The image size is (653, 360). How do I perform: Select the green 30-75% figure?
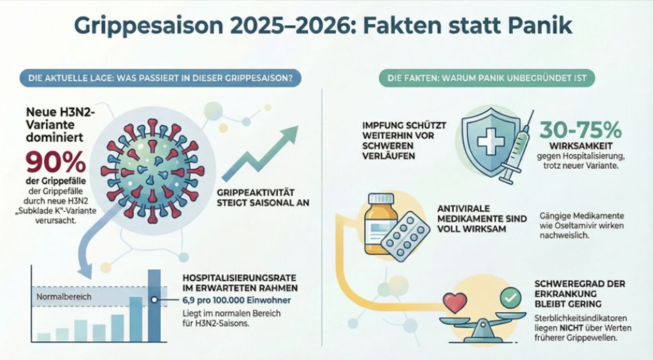point(580,130)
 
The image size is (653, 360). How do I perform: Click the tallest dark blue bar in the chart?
point(154,306)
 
